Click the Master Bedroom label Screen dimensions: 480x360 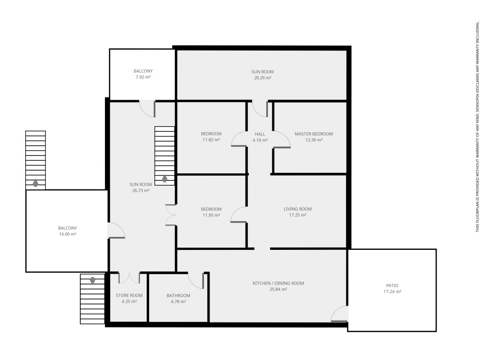314,134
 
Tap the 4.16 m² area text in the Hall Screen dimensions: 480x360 260,140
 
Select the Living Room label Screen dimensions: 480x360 298,209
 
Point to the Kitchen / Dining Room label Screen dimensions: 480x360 278,283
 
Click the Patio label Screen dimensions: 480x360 392,285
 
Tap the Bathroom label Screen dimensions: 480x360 178,295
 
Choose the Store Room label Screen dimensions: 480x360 129,295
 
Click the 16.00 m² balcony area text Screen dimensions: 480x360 67,234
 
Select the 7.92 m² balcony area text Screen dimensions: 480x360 143,77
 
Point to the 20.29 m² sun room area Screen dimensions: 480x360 262,78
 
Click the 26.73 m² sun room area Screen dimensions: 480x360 141,190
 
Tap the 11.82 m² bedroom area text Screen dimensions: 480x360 211,140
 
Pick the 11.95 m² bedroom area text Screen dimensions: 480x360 211,215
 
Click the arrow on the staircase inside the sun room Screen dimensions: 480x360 165,178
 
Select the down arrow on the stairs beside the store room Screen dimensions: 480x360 92,281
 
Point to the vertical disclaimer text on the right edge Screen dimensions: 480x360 477,127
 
